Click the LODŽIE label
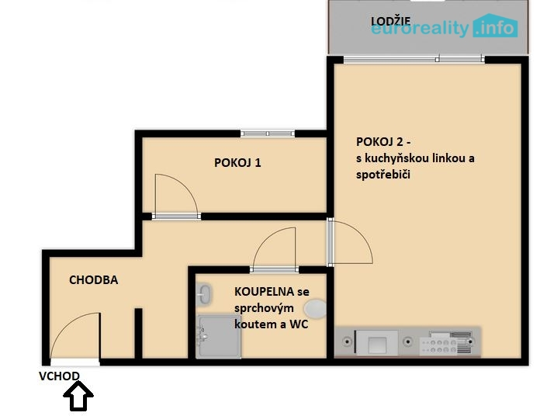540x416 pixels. coord(390,22)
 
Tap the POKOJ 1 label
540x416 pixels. coord(237,162)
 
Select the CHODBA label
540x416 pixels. coord(94,280)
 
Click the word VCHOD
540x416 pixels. coord(59,376)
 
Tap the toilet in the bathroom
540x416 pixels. coord(316,309)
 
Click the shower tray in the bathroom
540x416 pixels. coord(218,336)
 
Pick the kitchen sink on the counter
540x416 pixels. coord(376,343)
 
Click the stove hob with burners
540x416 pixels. coord(445,343)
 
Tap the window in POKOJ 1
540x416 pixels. coord(268,133)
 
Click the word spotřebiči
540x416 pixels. coord(383,175)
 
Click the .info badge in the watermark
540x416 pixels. coord(495,26)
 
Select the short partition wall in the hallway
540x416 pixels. coord(138,334)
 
